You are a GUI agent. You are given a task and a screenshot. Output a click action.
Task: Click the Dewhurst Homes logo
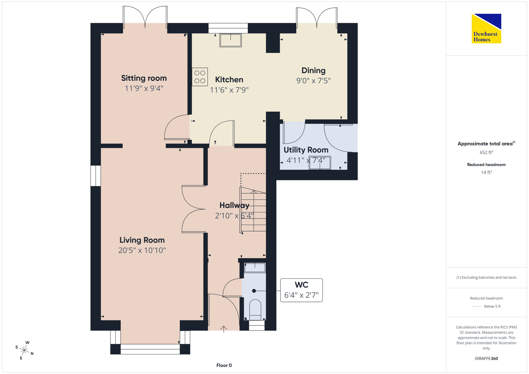pyautogui.click(x=486, y=28)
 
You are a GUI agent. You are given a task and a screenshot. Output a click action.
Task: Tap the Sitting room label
pyautogui.click(x=144, y=78)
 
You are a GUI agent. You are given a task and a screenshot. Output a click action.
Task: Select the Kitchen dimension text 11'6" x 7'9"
pyautogui.click(x=229, y=90)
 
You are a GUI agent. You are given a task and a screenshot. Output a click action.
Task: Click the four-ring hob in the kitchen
pyautogui.click(x=200, y=77)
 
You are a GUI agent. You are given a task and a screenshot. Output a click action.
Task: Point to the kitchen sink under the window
pyautogui.click(x=231, y=40)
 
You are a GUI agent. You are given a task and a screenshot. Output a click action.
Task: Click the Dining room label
pyautogui.click(x=313, y=70)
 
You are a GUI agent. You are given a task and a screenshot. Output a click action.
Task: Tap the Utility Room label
pyautogui.click(x=306, y=150)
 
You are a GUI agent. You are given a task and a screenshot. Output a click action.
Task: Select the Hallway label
pyautogui.click(x=234, y=205)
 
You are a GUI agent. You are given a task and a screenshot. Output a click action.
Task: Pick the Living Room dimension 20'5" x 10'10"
pyautogui.click(x=142, y=250)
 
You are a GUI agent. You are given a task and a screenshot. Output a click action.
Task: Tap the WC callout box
pyautogui.click(x=302, y=290)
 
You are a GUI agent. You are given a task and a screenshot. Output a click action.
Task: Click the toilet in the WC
pyautogui.click(x=255, y=310)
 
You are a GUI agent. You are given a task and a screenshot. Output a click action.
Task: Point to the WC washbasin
pyautogui.click(x=255, y=268)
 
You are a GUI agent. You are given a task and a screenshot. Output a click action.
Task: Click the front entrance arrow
pyautogui.click(x=224, y=329)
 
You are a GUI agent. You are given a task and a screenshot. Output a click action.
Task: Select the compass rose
pyautogui.click(x=24, y=350)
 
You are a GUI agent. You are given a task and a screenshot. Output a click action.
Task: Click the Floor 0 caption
pyautogui.click(x=224, y=365)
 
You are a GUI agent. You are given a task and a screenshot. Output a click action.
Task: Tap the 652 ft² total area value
pyautogui.click(x=486, y=152)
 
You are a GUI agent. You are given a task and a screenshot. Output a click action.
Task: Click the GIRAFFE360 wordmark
pyautogui.click(x=486, y=359)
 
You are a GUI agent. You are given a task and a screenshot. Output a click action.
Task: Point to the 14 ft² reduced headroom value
pyautogui.click(x=486, y=172)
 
